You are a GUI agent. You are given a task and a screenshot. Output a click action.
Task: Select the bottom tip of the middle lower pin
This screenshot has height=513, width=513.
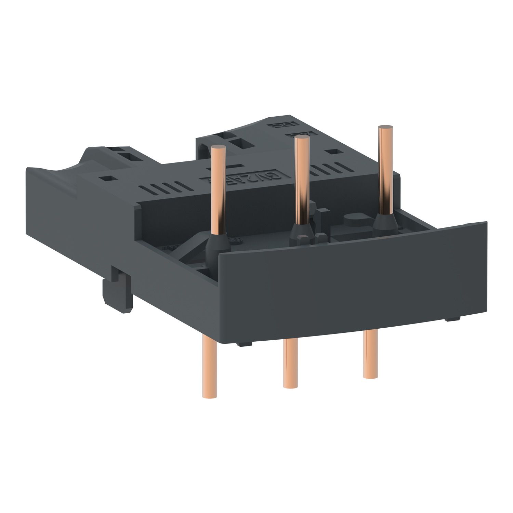(x=289, y=386)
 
